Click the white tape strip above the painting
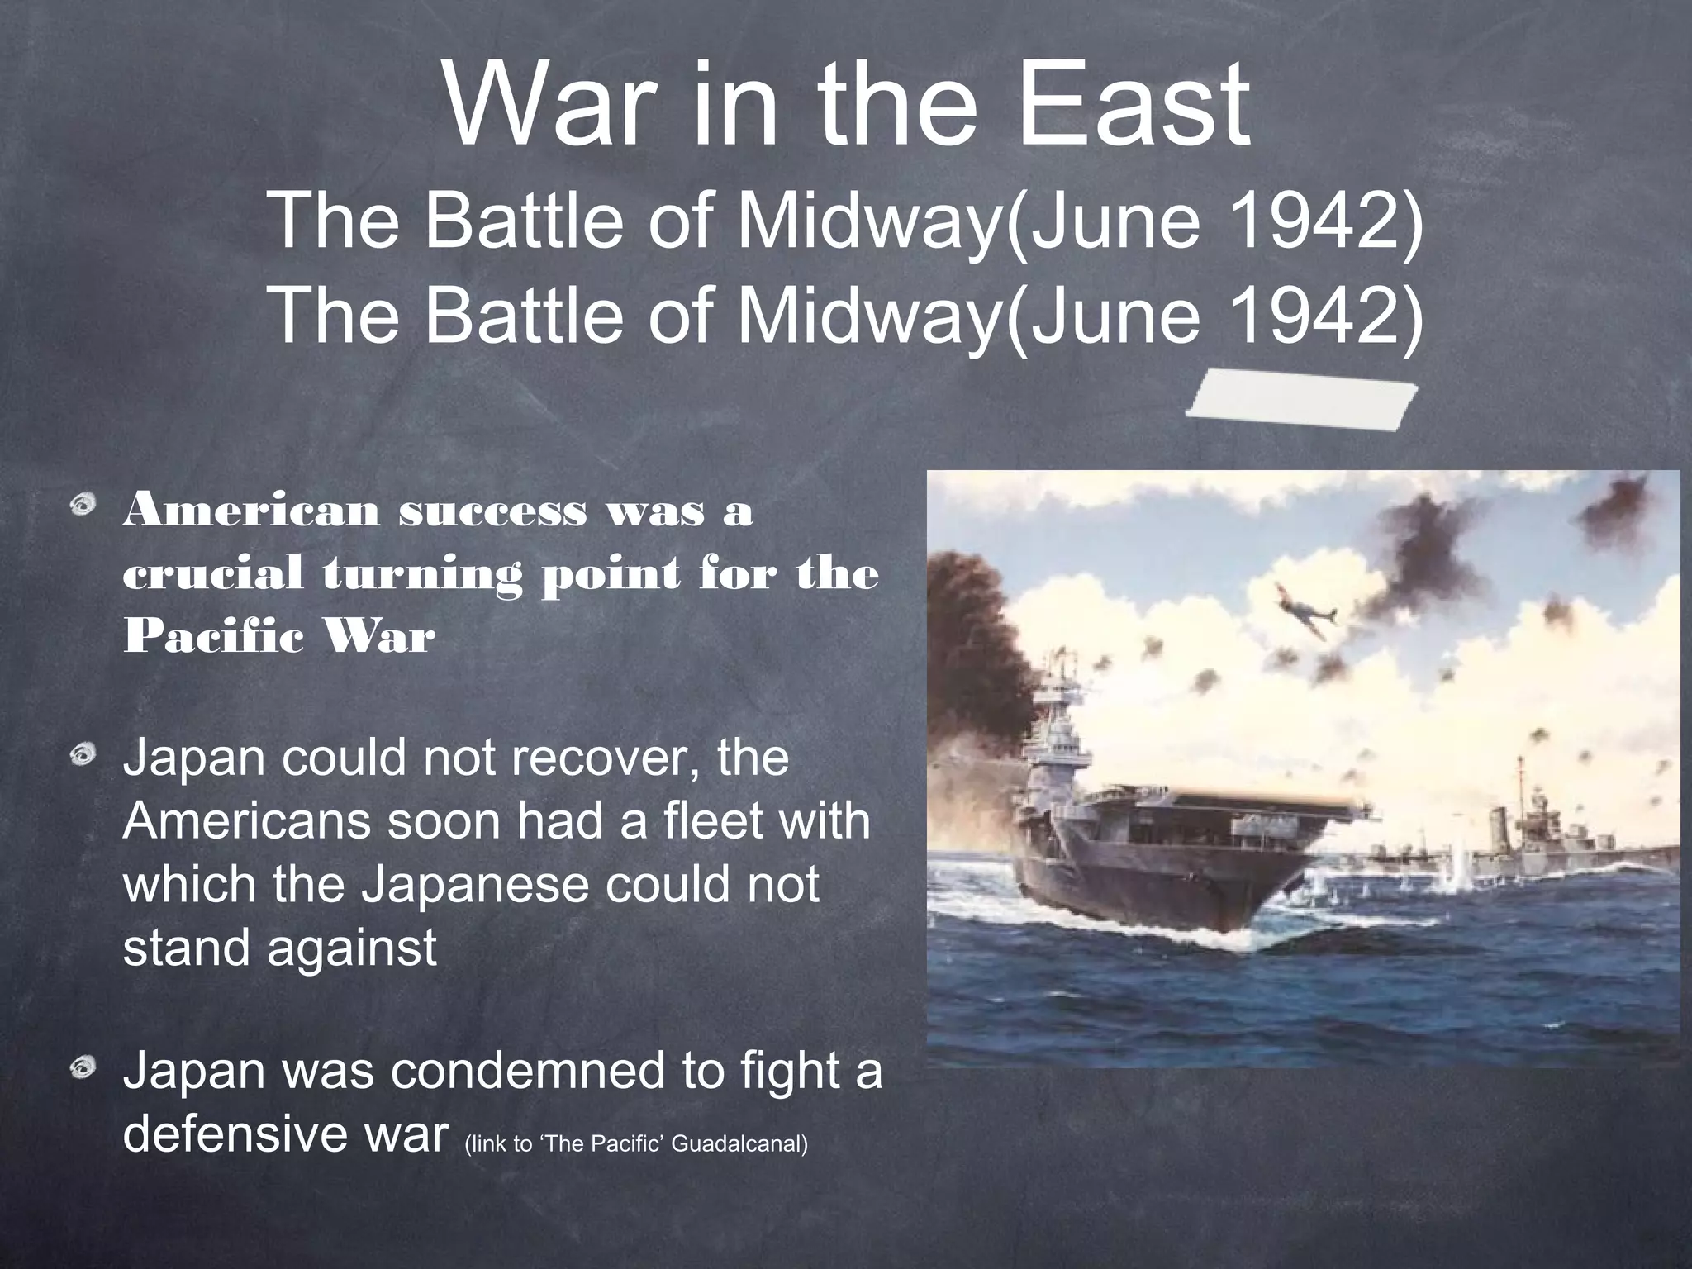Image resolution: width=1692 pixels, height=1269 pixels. [1302, 400]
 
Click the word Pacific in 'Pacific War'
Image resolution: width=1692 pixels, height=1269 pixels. [210, 637]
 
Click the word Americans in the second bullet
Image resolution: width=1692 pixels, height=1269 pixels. [247, 821]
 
